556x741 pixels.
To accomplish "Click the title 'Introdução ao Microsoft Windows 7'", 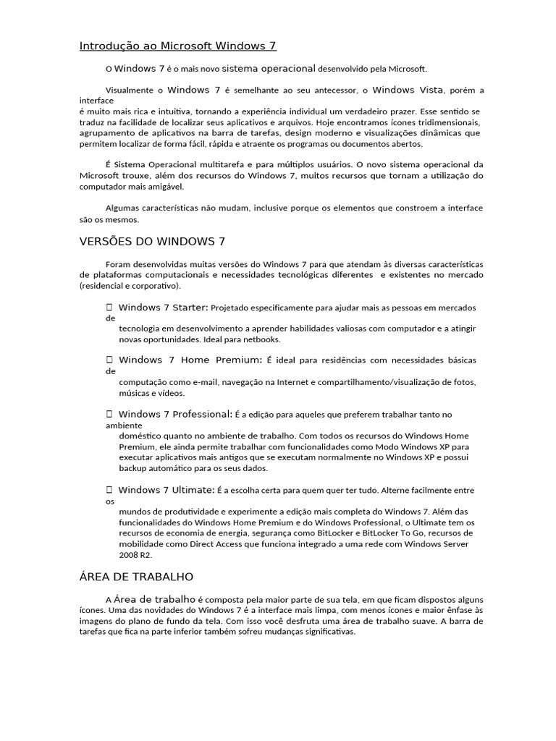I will point(177,46).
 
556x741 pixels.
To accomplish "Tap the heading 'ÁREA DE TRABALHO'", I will point(136,577).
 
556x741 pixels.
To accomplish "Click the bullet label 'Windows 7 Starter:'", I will point(163,308).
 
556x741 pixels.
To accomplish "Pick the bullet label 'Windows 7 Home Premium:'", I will point(190,360).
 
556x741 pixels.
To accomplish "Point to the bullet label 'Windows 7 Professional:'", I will point(175,414).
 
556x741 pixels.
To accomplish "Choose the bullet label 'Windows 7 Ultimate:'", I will point(167,490).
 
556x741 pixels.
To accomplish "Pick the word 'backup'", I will point(133,468).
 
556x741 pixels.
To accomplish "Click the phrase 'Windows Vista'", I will point(403,90).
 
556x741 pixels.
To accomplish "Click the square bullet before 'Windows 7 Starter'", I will point(109,308).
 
